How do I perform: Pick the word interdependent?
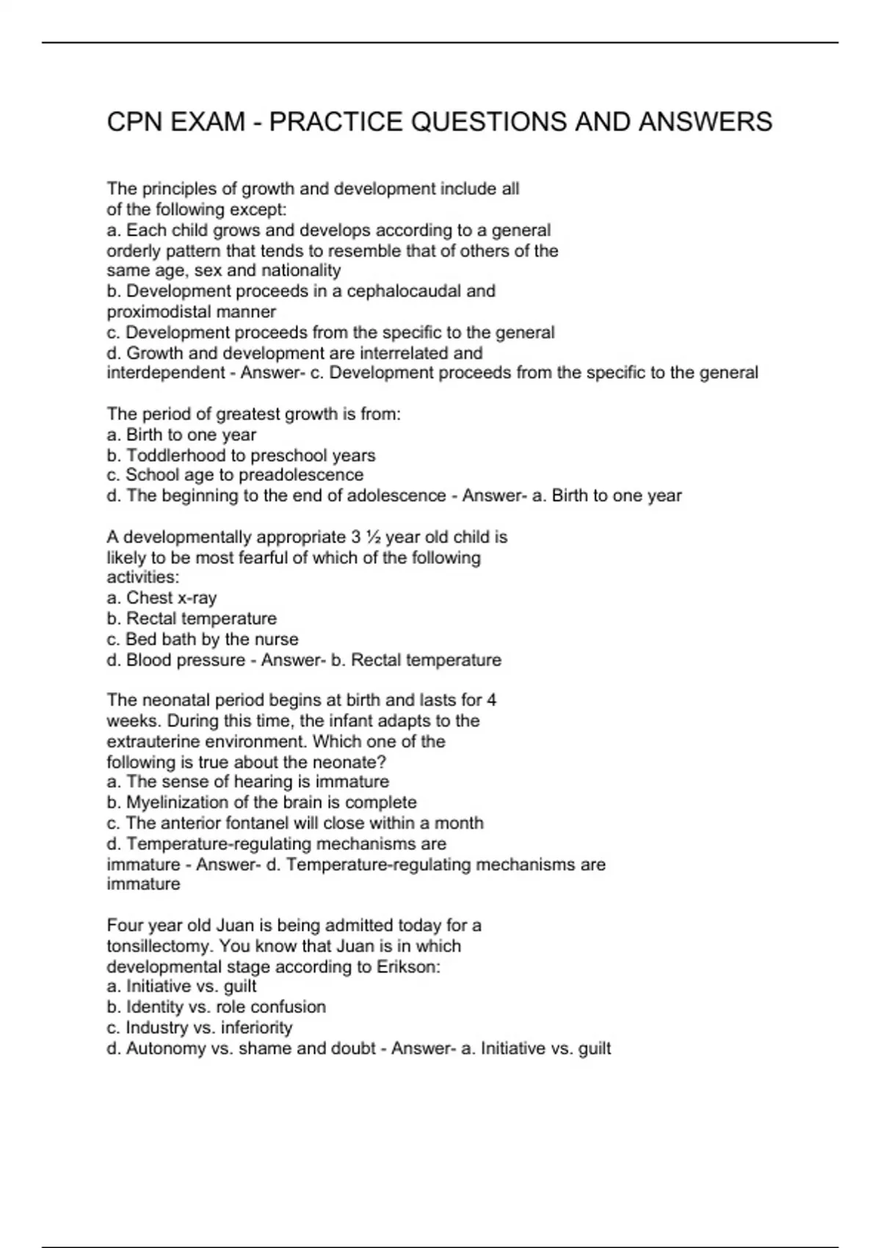click(x=165, y=373)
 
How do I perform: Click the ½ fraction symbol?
click(x=373, y=537)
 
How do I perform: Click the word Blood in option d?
click(x=149, y=660)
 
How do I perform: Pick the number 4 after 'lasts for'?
click(x=491, y=700)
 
